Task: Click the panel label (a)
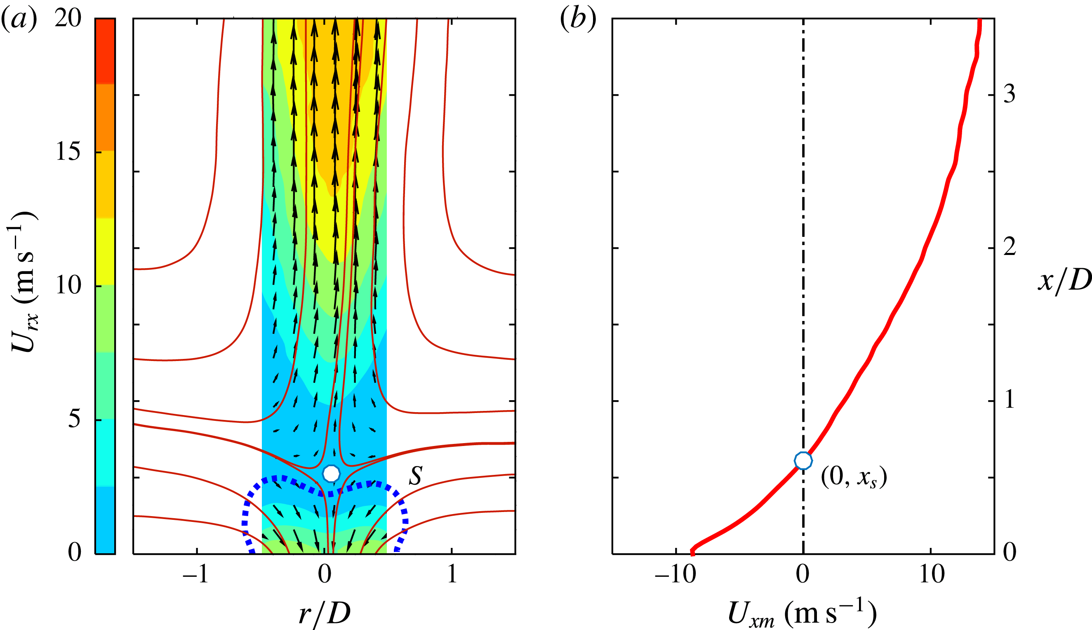[x=19, y=19]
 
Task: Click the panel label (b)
[x=578, y=19]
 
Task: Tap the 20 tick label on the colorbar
[x=68, y=19]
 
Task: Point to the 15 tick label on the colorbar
[x=68, y=152]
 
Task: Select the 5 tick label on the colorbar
[x=74, y=419]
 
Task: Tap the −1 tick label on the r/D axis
[x=195, y=575]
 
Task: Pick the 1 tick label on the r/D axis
[x=452, y=575]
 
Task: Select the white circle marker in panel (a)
[x=332, y=473]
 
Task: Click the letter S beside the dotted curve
[x=415, y=476]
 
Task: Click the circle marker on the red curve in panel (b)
[x=803, y=461]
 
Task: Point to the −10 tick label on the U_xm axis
[x=675, y=575]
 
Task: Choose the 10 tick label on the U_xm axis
[x=932, y=575]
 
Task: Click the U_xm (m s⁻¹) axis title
[x=802, y=613]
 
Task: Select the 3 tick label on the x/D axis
[x=1009, y=94]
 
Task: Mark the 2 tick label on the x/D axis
[x=1009, y=248]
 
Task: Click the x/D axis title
[x=1064, y=281]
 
